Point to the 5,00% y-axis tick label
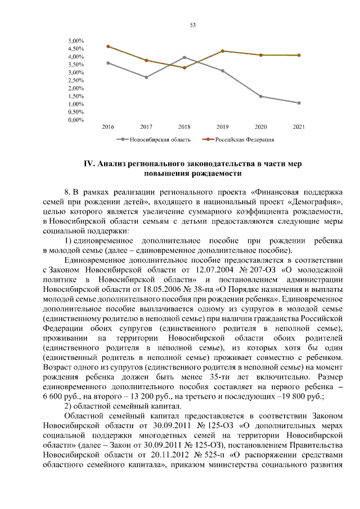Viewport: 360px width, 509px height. coord(76,41)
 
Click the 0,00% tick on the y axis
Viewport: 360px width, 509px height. coord(76,120)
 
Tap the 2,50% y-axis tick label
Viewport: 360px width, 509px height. coord(76,80)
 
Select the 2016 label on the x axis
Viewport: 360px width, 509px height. coord(108,127)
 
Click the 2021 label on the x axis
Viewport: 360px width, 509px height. coord(299,127)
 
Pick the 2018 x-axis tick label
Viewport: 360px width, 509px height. coord(184,127)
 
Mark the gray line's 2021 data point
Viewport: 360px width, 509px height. coord(299,103)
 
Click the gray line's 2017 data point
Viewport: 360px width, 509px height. coord(146,77)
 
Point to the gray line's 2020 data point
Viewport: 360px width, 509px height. coord(260,96)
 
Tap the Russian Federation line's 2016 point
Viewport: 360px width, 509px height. coord(108,46)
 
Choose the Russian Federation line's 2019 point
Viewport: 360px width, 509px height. coord(222,51)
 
